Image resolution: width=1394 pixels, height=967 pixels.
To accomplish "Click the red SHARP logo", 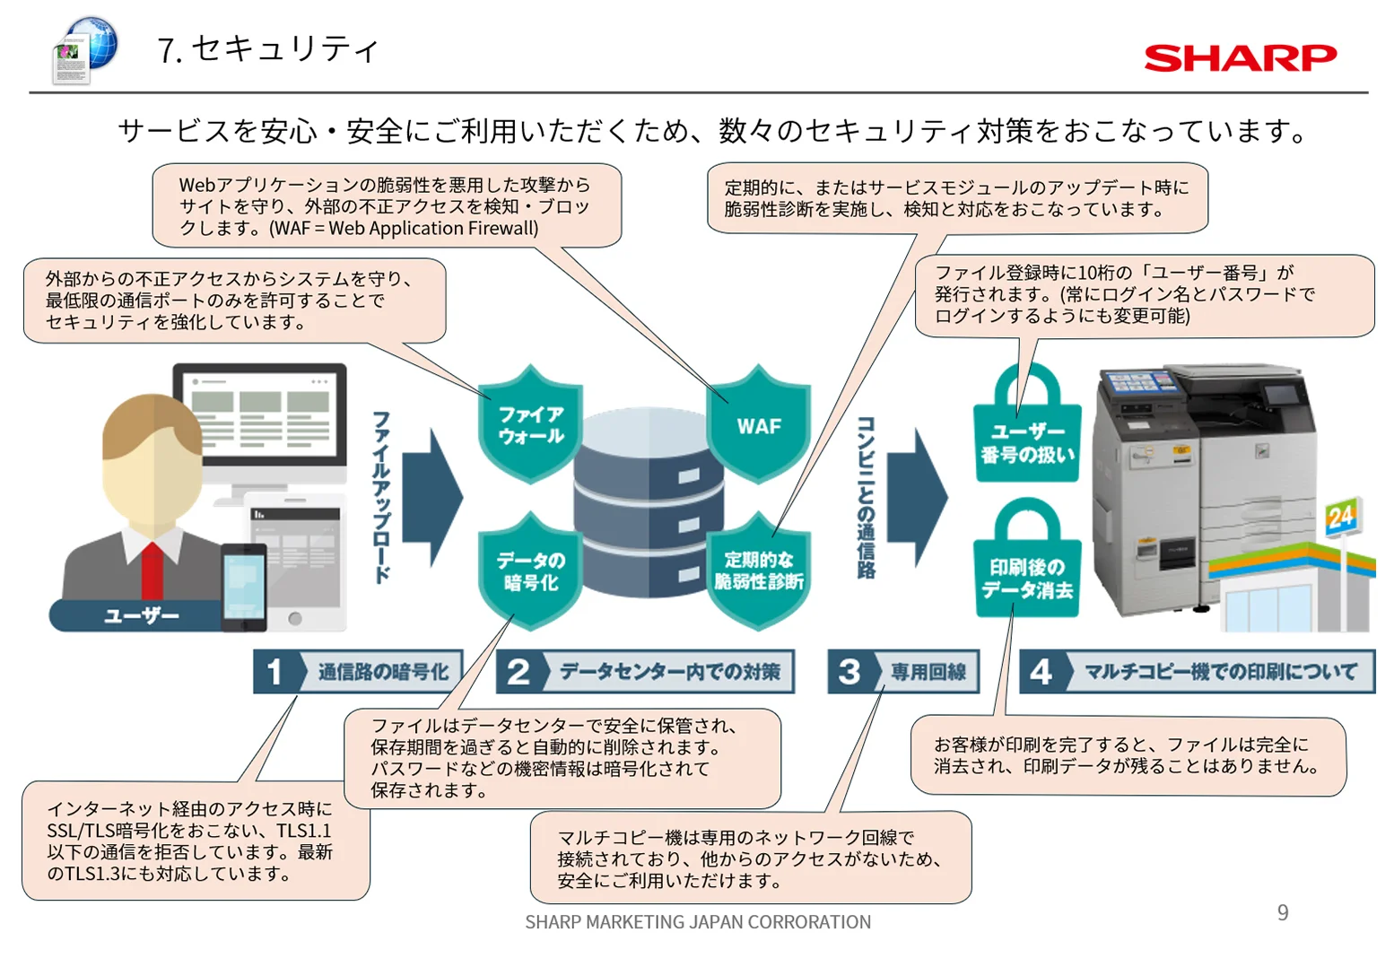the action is point(1240,58).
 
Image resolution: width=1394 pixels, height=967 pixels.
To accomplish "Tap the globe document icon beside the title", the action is point(85,50).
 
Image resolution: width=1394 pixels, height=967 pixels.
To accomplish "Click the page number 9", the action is point(1283,912).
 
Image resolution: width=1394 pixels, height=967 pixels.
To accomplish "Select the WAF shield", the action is point(759,424).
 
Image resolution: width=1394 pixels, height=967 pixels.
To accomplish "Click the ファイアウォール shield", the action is point(530,424).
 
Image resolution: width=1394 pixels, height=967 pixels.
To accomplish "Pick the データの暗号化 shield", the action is point(530,571).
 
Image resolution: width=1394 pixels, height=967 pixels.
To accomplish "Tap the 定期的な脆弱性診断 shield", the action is point(759,571).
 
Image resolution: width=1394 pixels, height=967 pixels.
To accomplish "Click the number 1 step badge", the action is point(276,671).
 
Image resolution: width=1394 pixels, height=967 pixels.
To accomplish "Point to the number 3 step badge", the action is point(851,671).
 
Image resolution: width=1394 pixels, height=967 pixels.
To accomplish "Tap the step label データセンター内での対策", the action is point(669,671).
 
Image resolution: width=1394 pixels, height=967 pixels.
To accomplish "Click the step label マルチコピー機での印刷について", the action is point(1220,671).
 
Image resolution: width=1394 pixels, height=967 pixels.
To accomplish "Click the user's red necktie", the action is point(152,571).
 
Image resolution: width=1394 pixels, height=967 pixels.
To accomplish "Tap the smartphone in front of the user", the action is point(244,587).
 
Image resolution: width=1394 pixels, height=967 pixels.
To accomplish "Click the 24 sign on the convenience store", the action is point(1341,517).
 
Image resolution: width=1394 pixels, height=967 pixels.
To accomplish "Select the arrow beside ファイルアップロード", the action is point(432,497).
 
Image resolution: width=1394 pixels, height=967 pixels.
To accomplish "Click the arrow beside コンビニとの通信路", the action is point(918,497).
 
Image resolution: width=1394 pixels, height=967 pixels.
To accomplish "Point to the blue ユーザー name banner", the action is point(137,615).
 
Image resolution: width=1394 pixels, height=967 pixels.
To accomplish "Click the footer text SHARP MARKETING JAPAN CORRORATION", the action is point(698,921).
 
